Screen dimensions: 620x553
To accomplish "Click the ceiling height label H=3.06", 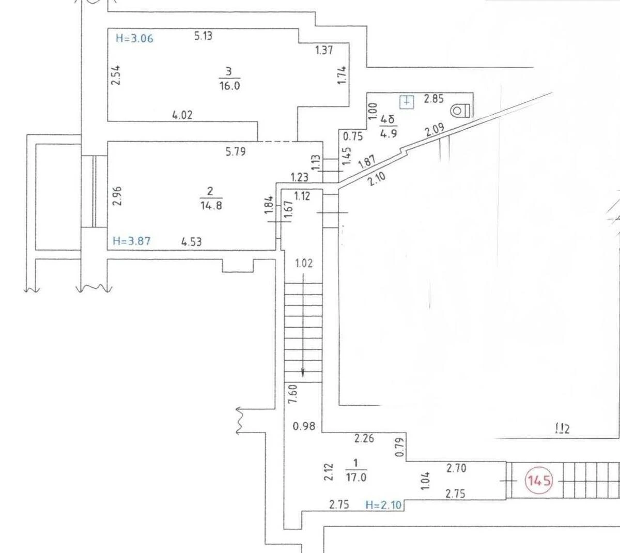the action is point(134,39).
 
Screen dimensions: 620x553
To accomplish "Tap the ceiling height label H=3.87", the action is point(132,241).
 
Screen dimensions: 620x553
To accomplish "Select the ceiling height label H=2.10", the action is point(383,505).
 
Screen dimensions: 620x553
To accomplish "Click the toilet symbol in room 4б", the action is point(460,110).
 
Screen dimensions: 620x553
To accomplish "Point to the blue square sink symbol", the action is point(407,102).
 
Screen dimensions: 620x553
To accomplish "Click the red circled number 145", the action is point(539,481).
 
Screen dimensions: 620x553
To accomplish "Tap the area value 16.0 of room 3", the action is point(229,86).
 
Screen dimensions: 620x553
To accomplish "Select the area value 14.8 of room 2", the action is point(211,205).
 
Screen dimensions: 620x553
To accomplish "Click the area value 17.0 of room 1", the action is point(356,478).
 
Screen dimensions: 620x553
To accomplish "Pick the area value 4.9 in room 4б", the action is point(389,133).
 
